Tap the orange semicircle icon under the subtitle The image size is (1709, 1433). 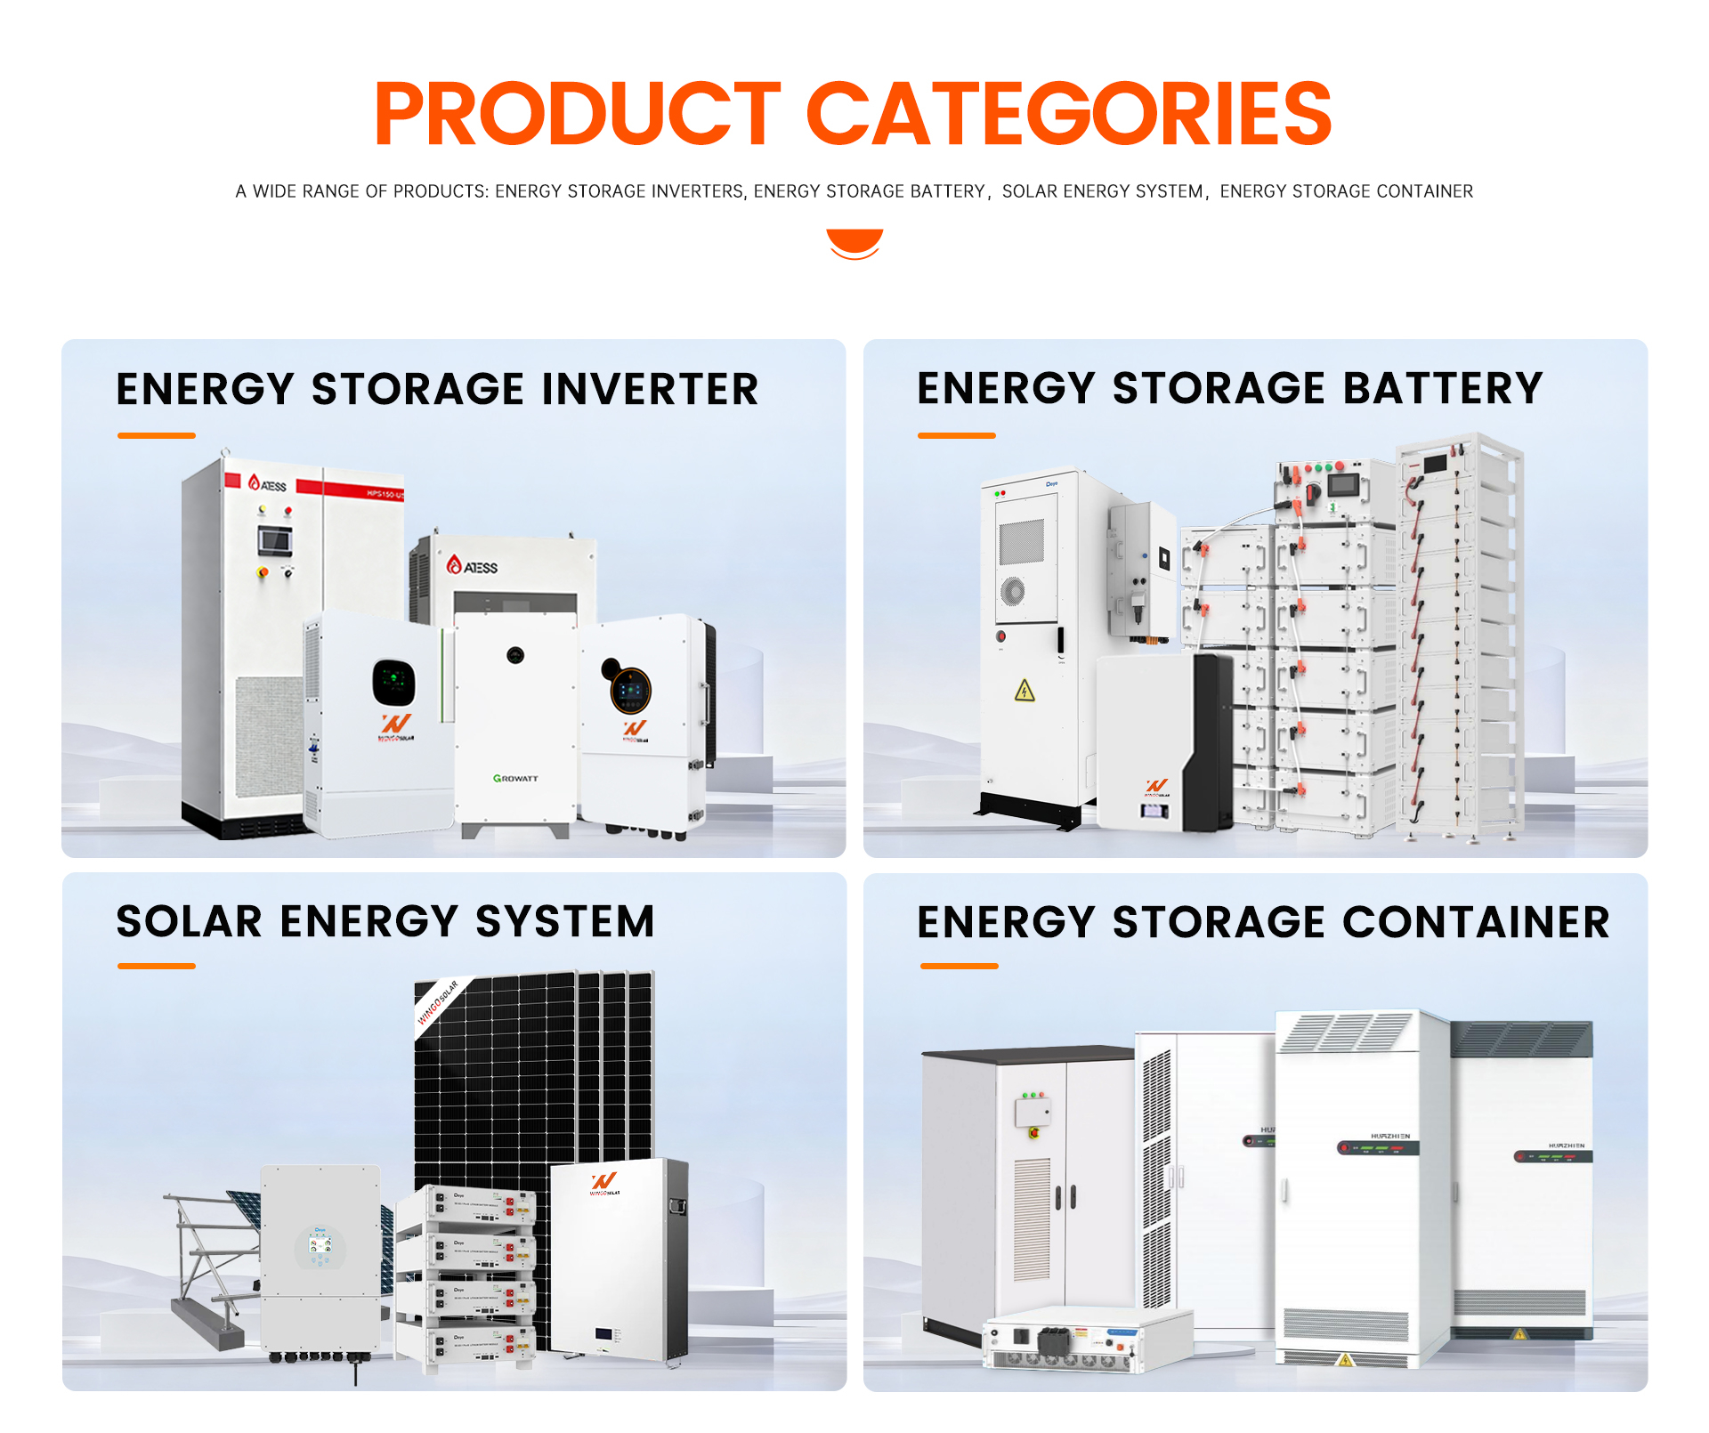click(x=854, y=242)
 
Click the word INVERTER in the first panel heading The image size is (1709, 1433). click(x=650, y=390)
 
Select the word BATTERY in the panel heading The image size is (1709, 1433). click(x=1442, y=389)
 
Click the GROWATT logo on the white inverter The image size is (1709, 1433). click(x=515, y=778)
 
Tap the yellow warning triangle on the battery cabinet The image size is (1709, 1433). click(x=1025, y=691)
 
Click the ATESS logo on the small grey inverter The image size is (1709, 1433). click(x=473, y=566)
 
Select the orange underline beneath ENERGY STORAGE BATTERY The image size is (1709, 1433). click(x=956, y=435)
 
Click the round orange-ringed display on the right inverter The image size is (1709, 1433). click(x=630, y=690)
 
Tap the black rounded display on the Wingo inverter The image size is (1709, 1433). click(x=393, y=683)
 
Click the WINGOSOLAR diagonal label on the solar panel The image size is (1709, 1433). click(x=438, y=1003)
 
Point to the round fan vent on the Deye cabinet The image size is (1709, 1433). click(x=1012, y=590)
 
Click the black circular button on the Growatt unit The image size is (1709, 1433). click(x=514, y=656)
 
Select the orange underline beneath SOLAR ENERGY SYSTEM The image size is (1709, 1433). click(x=156, y=966)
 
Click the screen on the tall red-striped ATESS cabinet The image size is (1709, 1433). click(x=274, y=539)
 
